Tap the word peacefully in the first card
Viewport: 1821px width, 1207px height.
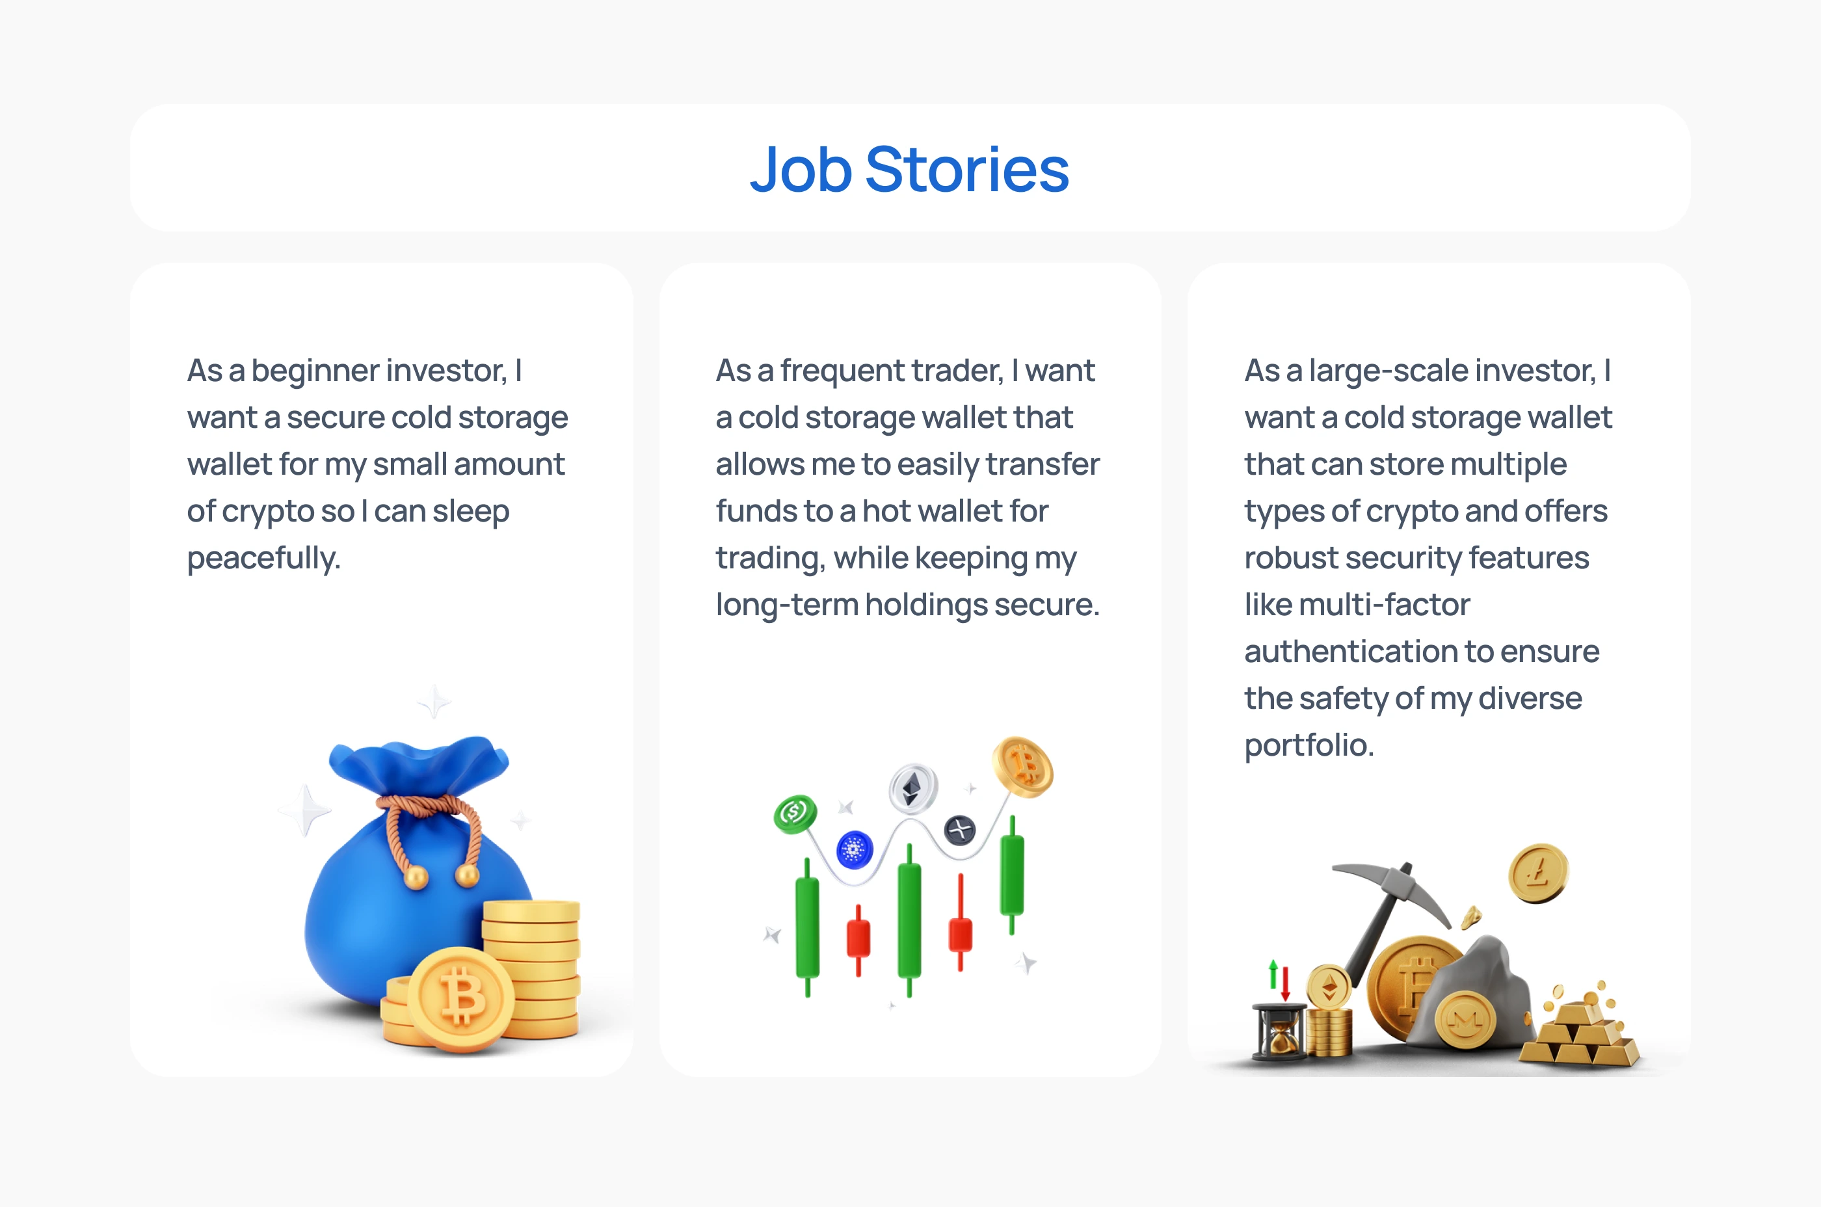pyautogui.click(x=263, y=558)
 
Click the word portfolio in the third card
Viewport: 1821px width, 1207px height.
pyautogui.click(x=1309, y=745)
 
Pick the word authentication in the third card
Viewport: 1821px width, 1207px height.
pyautogui.click(x=1350, y=651)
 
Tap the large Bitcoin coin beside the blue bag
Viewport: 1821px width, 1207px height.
pyautogui.click(x=460, y=999)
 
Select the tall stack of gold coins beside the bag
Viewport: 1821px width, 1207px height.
pyautogui.click(x=531, y=968)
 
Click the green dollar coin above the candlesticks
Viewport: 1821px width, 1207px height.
pyautogui.click(x=795, y=814)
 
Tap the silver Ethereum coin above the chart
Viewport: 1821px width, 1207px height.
pyautogui.click(x=913, y=788)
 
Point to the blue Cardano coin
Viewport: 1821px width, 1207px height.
pyautogui.click(x=855, y=850)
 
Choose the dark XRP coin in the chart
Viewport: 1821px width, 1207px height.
pyautogui.click(x=960, y=830)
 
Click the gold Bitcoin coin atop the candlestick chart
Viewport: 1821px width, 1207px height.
pyautogui.click(x=1023, y=767)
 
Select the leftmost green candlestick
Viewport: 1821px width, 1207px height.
pyautogui.click(x=807, y=927)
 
